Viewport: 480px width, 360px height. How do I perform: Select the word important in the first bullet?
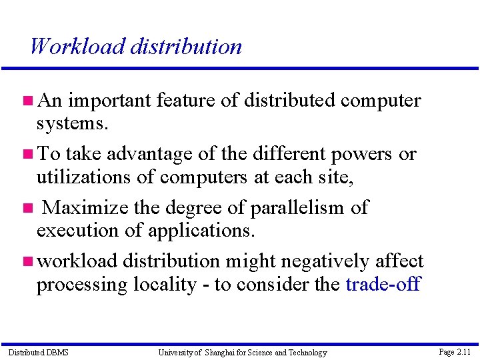click(110, 101)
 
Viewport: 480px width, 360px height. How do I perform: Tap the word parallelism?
click(297, 207)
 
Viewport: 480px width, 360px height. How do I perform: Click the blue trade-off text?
click(383, 285)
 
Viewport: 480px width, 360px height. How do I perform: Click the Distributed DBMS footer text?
click(38, 352)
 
